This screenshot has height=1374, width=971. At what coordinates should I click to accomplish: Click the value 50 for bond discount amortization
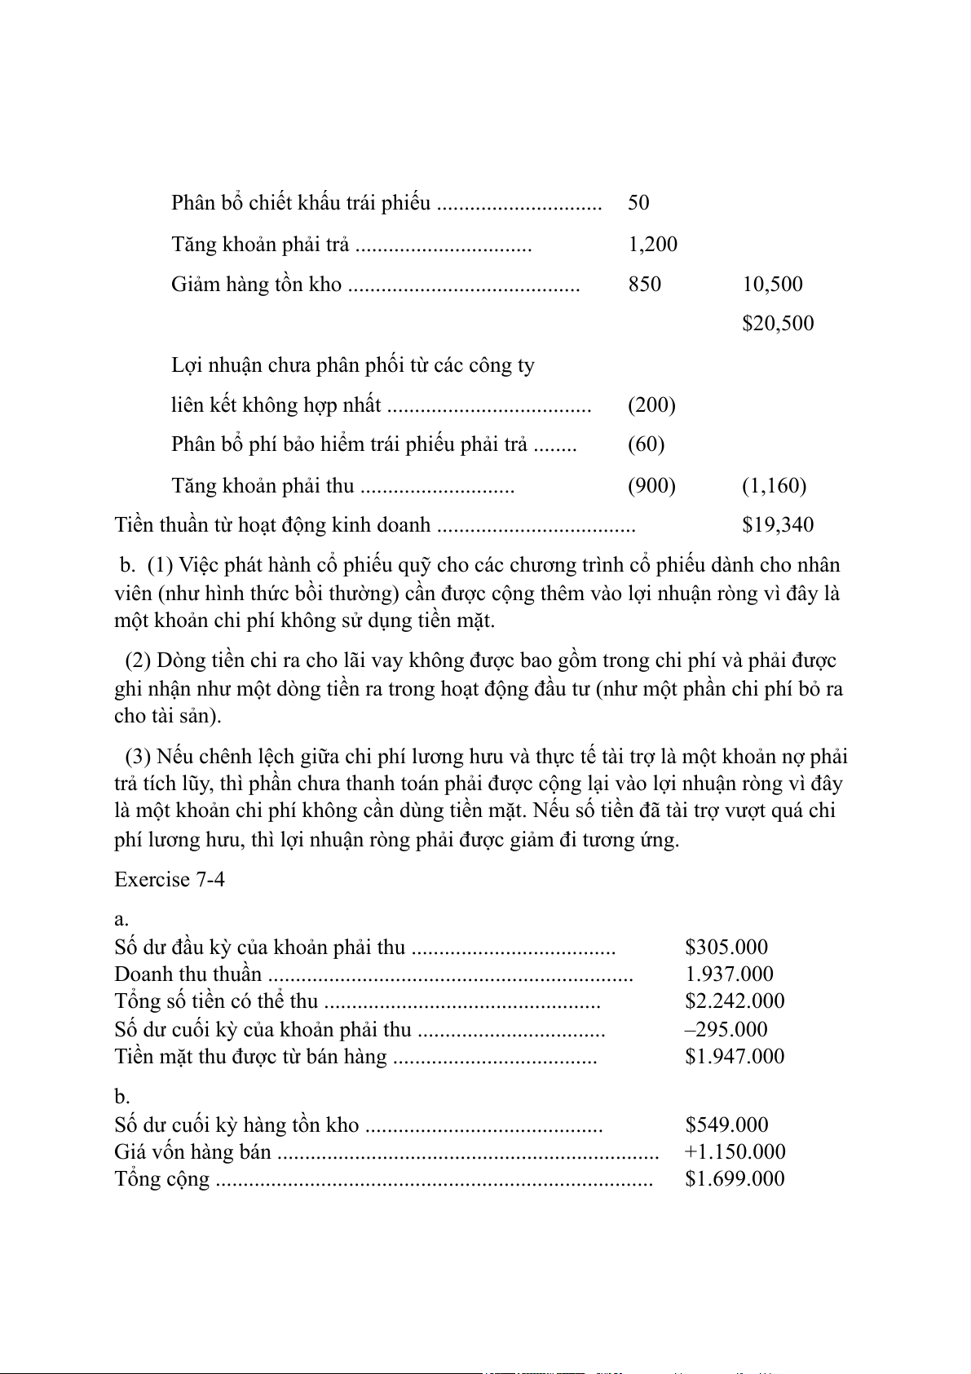coord(638,202)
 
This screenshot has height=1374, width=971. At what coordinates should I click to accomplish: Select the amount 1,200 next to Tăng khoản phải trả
coord(652,244)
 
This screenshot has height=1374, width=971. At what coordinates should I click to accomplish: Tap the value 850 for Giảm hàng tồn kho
coord(644,284)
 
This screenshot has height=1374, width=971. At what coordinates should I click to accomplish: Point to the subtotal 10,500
coord(772,284)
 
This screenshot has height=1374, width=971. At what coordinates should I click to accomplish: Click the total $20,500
coord(778,323)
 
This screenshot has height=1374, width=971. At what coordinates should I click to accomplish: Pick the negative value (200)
coord(651,404)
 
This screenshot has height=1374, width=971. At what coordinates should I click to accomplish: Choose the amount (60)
coord(646,444)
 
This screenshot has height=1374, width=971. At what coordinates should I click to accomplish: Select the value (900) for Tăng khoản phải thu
coord(651,485)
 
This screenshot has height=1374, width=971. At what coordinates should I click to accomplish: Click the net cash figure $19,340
coord(778,524)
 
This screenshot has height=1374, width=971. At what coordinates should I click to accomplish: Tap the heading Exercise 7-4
coord(170,879)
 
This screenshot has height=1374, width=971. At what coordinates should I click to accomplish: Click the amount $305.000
coord(726,947)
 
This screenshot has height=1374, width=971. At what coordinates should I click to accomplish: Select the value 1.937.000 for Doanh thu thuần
coord(729,974)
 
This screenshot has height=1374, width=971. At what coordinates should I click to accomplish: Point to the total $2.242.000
coord(735,1001)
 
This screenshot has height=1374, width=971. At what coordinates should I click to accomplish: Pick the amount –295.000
coord(726,1029)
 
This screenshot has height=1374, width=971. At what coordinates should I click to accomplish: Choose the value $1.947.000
coord(735,1056)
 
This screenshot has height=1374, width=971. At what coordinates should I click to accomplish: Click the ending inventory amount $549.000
coord(726,1124)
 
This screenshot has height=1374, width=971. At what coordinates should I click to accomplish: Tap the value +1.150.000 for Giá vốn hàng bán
coord(735,1151)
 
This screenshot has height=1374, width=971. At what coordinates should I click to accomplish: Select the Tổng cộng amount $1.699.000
coord(735,1178)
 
